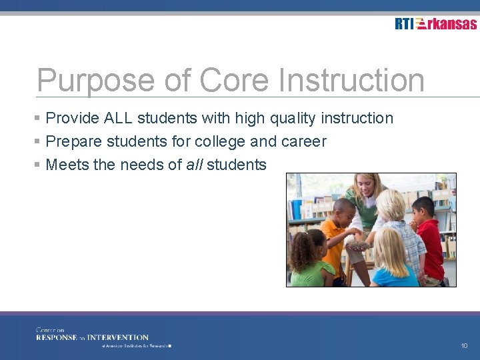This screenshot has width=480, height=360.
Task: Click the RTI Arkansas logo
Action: [x=435, y=24]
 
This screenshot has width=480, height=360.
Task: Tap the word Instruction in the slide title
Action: [x=351, y=81]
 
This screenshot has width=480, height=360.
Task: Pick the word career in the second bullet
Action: [x=305, y=141]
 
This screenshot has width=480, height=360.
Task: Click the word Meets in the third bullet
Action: [x=67, y=165]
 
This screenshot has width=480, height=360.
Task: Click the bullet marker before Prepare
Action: [x=39, y=141]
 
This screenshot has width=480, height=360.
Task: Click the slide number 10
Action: [x=464, y=346]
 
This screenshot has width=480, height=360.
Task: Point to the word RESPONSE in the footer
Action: [x=57, y=337]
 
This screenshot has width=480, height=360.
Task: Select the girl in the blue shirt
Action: [x=393, y=263]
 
